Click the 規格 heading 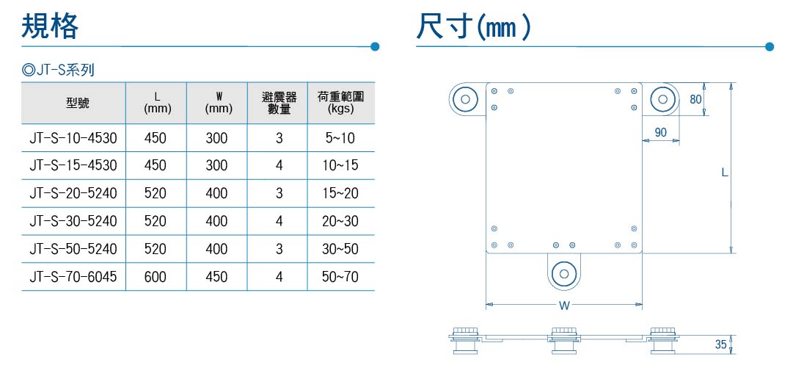[50, 27]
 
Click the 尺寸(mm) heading [473, 27]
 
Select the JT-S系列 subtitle [58, 70]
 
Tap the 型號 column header [77, 103]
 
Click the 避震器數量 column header [279, 103]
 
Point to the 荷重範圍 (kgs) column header [341, 103]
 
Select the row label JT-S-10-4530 [73, 137]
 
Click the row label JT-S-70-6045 [73, 277]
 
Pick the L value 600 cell [155, 277]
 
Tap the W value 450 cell [216, 277]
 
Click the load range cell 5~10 [340, 137]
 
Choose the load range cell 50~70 [340, 277]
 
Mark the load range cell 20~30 [340, 221]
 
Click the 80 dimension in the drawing [696, 99]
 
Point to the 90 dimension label [660, 133]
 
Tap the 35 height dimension [721, 344]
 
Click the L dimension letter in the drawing [725, 173]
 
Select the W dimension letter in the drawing [565, 306]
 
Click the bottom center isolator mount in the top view [563, 272]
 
